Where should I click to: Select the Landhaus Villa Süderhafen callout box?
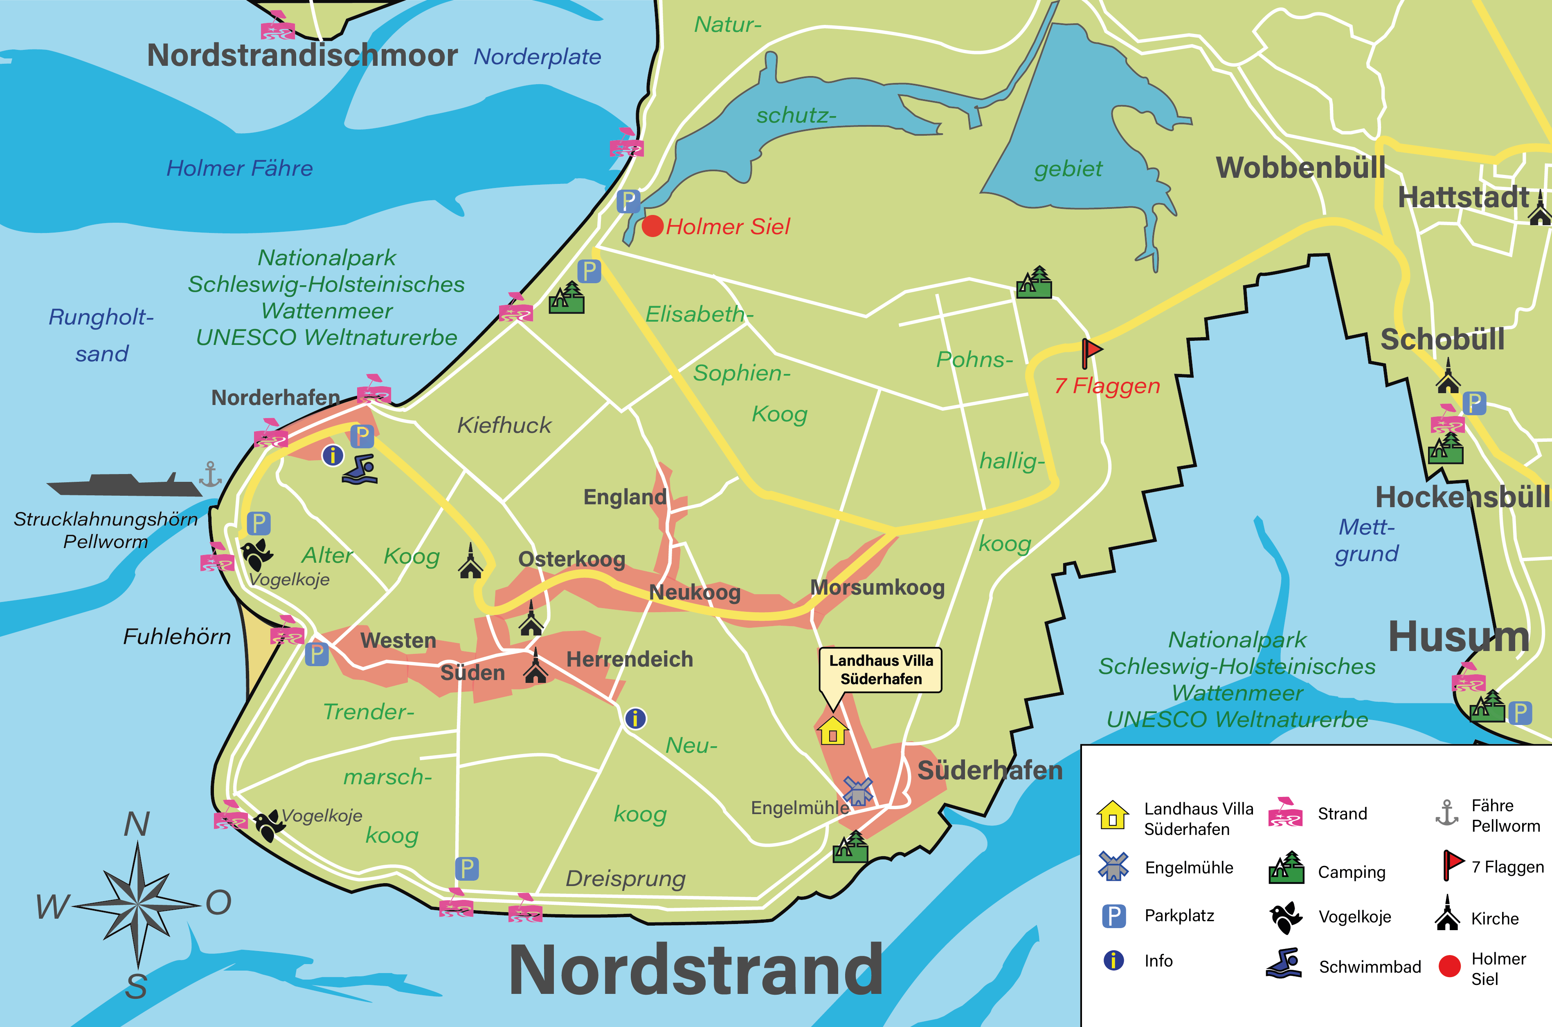[x=880, y=670]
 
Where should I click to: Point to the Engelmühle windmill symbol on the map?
[x=857, y=791]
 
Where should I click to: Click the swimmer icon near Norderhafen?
[x=360, y=470]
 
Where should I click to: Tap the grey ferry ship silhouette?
[x=124, y=486]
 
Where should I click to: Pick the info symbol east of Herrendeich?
[x=635, y=718]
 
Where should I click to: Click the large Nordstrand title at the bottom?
[x=696, y=971]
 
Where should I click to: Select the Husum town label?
[x=1458, y=637]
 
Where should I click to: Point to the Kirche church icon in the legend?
[x=1447, y=914]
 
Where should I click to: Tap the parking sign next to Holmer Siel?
[x=628, y=201]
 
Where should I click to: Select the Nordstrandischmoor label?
[x=302, y=55]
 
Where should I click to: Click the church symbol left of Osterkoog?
[x=470, y=562]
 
